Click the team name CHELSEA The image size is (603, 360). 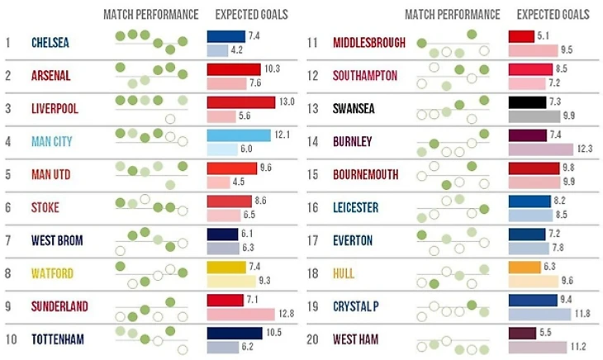50,43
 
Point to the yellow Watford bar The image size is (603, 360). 226,267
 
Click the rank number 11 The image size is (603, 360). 313,43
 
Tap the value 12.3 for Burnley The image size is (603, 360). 586,149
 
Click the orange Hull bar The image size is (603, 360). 524,267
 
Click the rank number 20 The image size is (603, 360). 313,339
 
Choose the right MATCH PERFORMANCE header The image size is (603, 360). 453,15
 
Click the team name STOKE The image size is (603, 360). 45,207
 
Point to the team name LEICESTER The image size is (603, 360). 356,207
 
